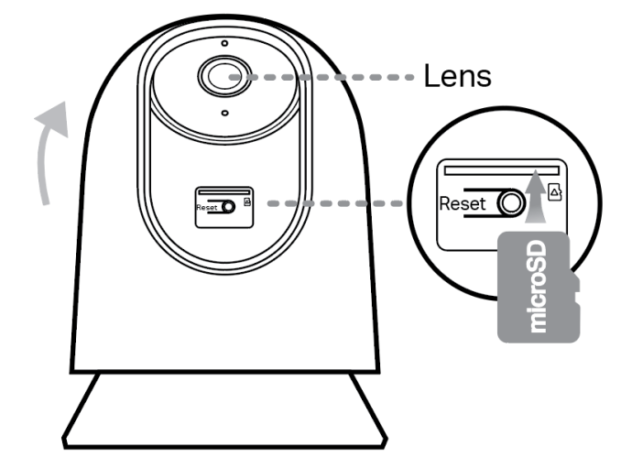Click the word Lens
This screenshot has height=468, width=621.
click(x=457, y=76)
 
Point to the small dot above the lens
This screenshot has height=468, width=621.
click(x=223, y=43)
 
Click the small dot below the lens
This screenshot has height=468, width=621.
click(x=223, y=113)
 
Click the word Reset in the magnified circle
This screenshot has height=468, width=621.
click(x=463, y=204)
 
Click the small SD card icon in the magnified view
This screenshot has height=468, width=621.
click(x=553, y=191)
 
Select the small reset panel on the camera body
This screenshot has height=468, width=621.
click(x=224, y=204)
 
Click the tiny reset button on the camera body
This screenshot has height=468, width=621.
click(x=228, y=207)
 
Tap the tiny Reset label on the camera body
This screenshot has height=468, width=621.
click(x=207, y=208)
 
